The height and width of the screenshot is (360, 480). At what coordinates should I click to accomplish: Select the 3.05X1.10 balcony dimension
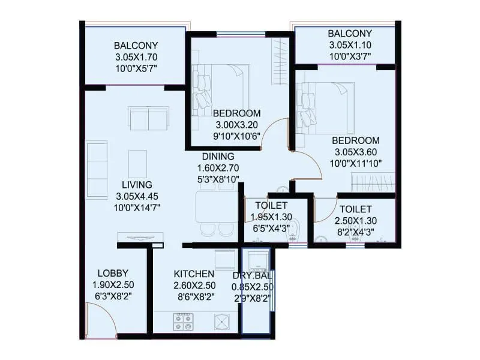(350, 45)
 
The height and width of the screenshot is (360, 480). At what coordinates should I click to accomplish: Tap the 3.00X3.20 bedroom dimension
(237, 125)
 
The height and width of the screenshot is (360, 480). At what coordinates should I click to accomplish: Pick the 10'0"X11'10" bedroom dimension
(356, 163)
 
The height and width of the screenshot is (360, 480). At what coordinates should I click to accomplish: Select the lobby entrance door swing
(99, 318)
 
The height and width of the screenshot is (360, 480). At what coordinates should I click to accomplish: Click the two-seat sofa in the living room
(148, 118)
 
